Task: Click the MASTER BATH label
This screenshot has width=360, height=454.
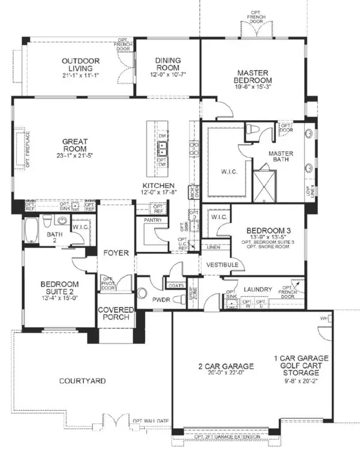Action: pyautogui.click(x=280, y=157)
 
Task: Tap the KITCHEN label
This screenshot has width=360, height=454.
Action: pyautogui.click(x=158, y=186)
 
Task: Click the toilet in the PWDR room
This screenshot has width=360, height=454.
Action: pyautogui.click(x=143, y=294)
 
